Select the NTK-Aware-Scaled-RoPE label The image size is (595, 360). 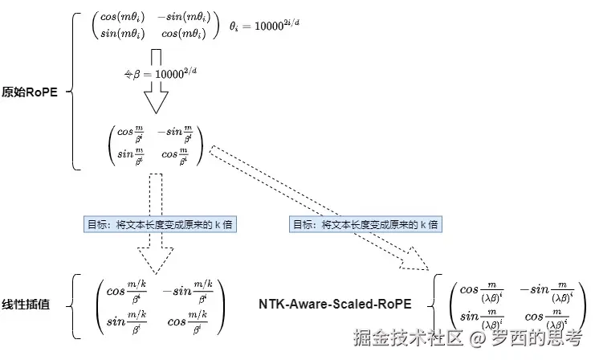(x=336, y=305)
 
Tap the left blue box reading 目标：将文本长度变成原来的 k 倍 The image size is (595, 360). (x=145, y=224)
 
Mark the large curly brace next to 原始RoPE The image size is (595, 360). (x=74, y=91)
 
